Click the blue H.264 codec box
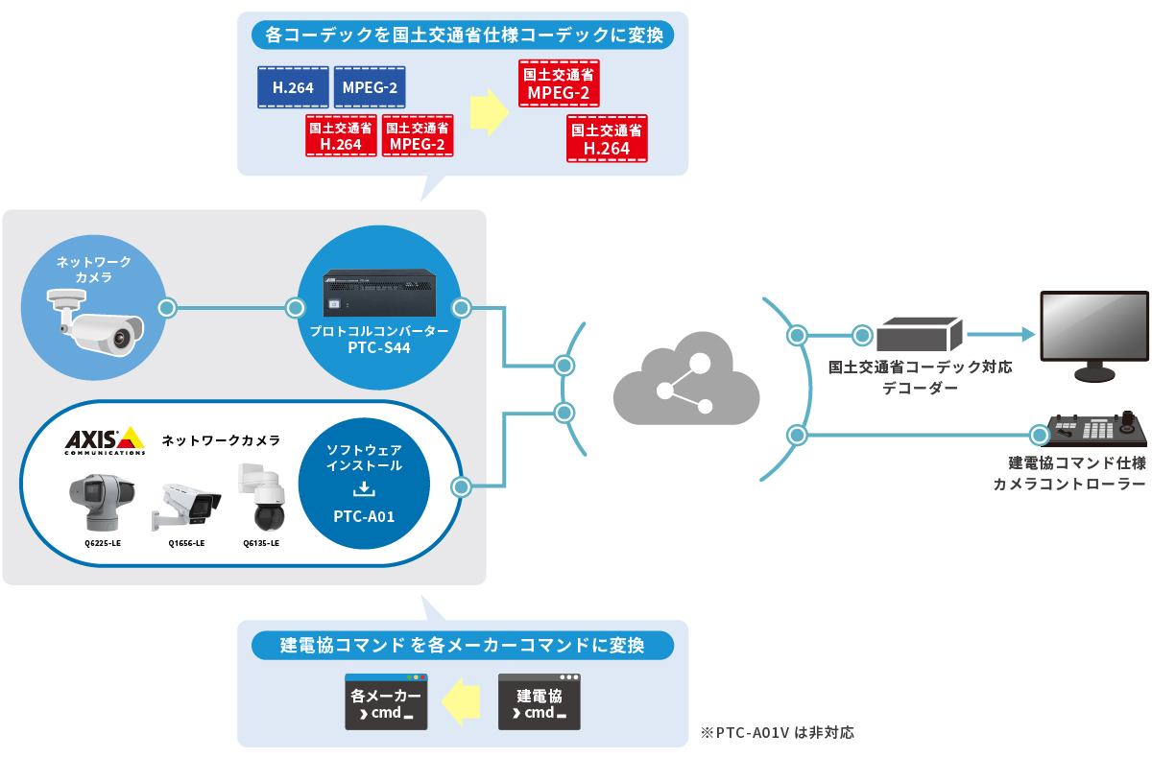pos(293,87)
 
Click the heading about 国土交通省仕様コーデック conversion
pos(463,36)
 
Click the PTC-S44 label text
pos(379,347)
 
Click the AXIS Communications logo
pos(105,440)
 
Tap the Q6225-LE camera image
pos(96,501)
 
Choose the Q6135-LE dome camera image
pos(261,499)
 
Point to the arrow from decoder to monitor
pos(1000,335)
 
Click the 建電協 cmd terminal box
pos(540,702)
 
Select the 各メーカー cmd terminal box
pos(386,702)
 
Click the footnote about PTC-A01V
pos(778,732)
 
